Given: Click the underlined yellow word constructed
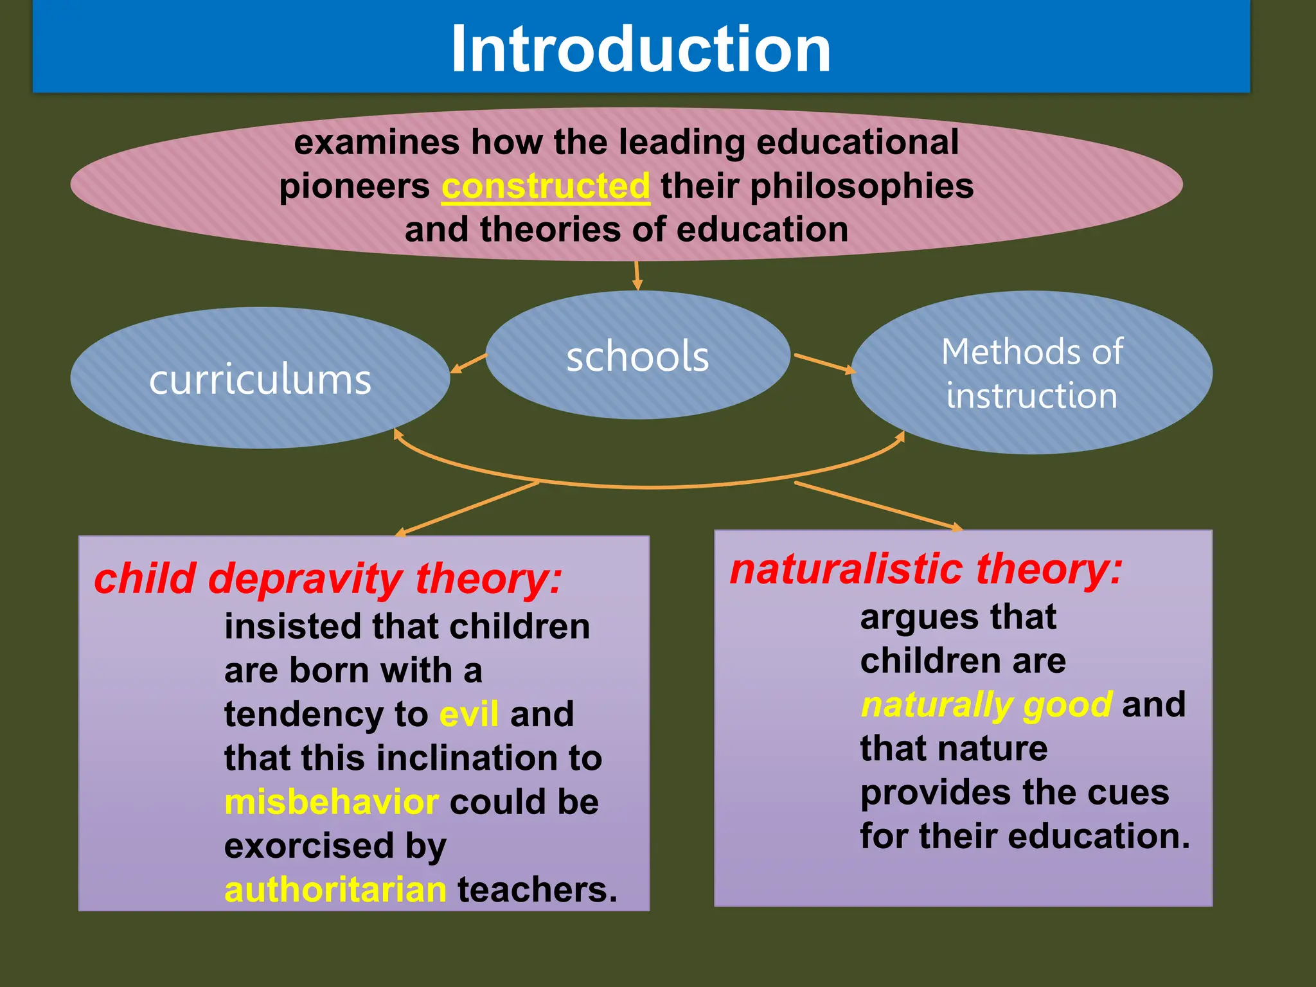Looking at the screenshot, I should point(546,186).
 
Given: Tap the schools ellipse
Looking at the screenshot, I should point(637,356).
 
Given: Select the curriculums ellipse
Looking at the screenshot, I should point(260,379).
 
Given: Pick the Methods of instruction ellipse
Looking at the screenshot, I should point(1031,373).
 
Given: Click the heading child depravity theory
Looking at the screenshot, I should point(328,578).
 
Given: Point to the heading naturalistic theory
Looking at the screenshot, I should point(926,569).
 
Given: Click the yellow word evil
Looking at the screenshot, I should point(469,715).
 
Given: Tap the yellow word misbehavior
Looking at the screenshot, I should point(332,802).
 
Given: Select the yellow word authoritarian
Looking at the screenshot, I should point(335,890).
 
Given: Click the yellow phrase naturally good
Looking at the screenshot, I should point(986,705).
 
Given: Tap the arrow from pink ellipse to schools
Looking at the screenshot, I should point(637,275).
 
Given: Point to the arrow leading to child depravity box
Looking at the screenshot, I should point(468,508).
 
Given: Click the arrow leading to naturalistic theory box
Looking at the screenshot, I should point(879,505).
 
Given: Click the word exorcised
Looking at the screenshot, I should point(308,846).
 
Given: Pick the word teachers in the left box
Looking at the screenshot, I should point(537,890).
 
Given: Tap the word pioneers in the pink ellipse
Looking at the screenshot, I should point(354,186).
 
